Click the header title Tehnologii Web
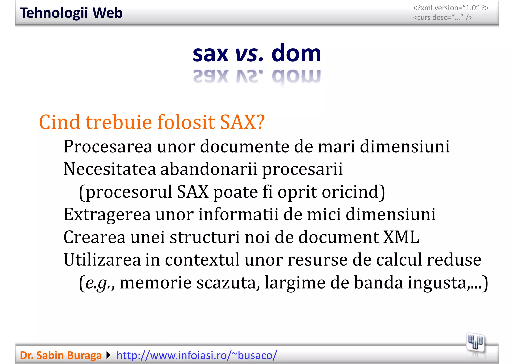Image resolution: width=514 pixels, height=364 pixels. tap(71, 13)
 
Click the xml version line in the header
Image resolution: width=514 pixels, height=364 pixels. tap(451, 8)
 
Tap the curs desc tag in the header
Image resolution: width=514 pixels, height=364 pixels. tap(443, 18)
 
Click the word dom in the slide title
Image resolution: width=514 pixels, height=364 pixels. tap(296, 53)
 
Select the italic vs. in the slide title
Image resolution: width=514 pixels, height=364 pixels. tap(249, 54)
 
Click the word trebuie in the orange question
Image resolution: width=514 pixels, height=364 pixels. tap(119, 122)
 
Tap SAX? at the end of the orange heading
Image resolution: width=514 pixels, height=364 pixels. tap(242, 122)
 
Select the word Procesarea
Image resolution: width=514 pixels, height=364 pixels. tap(108, 146)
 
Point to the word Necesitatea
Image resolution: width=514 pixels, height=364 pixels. tap(110, 169)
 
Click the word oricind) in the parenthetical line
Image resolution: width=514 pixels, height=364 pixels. tap(353, 192)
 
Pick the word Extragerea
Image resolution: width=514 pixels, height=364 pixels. tap(107, 215)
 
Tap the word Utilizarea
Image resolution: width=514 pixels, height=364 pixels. tap(102, 260)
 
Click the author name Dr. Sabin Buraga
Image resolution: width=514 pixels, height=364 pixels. tap(61, 355)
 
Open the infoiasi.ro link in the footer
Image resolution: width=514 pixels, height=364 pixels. tap(197, 355)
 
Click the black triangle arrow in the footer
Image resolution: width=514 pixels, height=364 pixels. tap(108, 355)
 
